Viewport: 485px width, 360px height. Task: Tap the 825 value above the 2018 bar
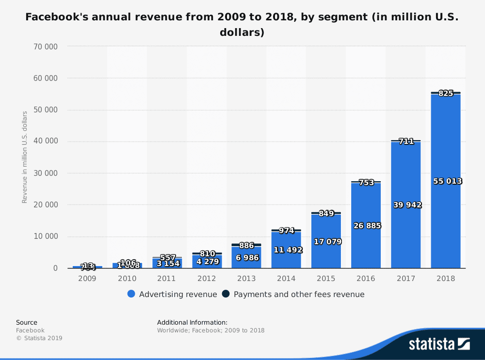(446, 94)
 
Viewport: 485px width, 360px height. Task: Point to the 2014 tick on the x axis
(286, 279)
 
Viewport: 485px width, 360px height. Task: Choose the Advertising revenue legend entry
(172, 294)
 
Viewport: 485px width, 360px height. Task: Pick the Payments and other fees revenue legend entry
(293, 294)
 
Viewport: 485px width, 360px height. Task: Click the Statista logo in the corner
(439, 344)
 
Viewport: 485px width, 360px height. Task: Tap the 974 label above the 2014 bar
(286, 231)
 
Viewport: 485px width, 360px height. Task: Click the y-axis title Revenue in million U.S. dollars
(25, 157)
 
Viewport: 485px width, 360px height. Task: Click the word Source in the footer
(27, 322)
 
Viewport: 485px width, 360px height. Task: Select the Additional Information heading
(192, 322)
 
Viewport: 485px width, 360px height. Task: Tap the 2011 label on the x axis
(167, 279)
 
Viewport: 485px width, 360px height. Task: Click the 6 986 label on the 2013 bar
(246, 257)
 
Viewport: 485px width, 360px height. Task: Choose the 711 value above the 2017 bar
(406, 141)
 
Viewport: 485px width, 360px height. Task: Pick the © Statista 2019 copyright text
(39, 338)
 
